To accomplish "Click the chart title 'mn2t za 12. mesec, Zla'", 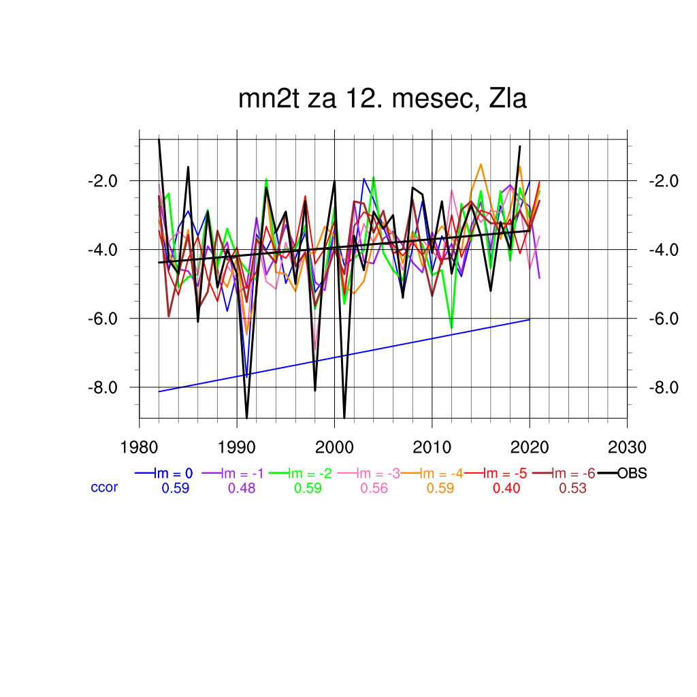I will [x=383, y=99].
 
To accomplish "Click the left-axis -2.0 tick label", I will [x=103, y=181].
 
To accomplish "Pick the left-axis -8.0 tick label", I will [x=103, y=387].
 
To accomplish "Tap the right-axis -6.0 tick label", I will [x=663, y=319].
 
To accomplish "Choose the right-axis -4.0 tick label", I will [x=663, y=250].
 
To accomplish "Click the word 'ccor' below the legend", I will [x=104, y=487].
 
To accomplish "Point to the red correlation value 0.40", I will [x=506, y=488].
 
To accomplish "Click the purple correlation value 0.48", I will [x=242, y=488].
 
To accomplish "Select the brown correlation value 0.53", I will [x=572, y=488].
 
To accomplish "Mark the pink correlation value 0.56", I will [x=374, y=488].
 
